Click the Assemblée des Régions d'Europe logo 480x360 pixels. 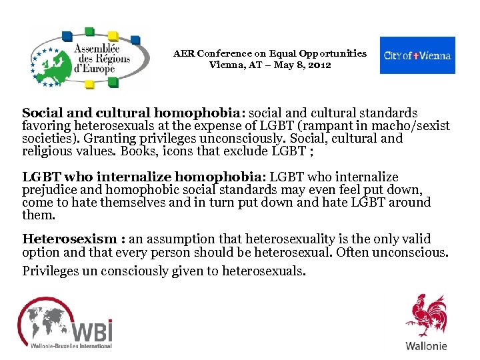[x=87, y=58]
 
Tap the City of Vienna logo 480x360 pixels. [x=417, y=55]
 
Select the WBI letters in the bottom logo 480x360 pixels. [x=91, y=331]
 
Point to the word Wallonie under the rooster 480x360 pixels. [x=427, y=346]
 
